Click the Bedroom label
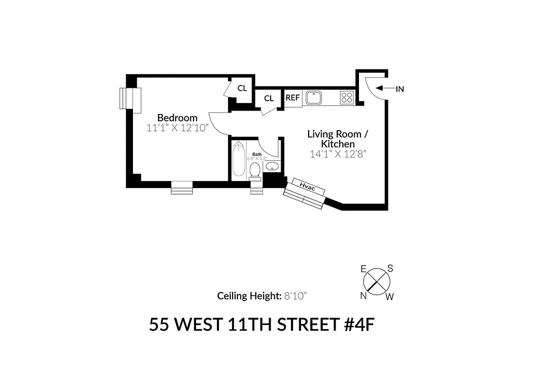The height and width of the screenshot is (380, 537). coord(177,118)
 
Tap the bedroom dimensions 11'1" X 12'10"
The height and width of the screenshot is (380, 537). coord(178,128)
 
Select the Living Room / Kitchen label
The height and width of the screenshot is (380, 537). coord(337,139)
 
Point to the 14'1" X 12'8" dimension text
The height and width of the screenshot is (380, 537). coord(338,154)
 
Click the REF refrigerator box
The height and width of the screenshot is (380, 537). coord(292,98)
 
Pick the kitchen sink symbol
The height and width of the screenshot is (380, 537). coord(314,98)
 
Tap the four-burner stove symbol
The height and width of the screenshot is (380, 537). coord(347,97)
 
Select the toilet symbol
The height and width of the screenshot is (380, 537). coord(255,170)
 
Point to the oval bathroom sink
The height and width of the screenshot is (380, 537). coord(272,166)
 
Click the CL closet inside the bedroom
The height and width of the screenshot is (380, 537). coord(242,88)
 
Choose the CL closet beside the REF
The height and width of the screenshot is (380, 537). coord(269,98)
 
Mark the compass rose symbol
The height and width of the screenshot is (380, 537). coord(377,283)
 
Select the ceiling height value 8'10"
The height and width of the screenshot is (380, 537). coord(296,296)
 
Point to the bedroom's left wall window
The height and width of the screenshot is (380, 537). coord(130,99)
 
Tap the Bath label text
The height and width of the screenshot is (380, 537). coord(257,154)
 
